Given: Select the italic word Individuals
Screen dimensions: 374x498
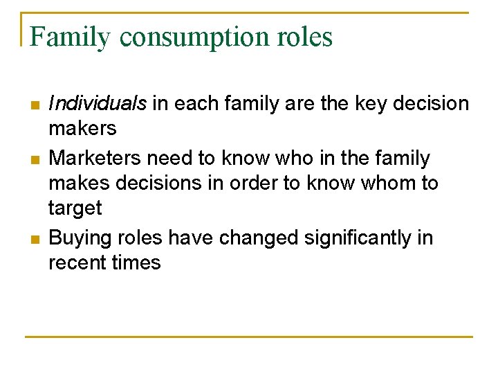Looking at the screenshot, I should pyautogui.click(x=98, y=104).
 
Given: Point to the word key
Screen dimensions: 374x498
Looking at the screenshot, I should pyautogui.click(x=374, y=104).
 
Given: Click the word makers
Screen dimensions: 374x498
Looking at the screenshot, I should pyautogui.click(x=82, y=129).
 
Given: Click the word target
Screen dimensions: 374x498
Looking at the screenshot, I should pyautogui.click(x=75, y=208).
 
